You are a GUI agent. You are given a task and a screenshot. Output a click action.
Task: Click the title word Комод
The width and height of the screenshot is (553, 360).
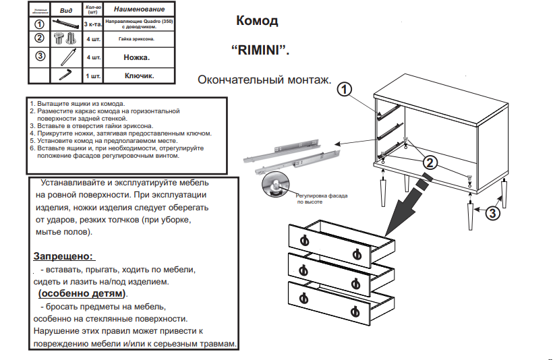pyautogui.click(x=257, y=21)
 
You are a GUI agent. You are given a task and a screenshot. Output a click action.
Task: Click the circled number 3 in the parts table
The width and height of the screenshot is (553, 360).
pyautogui.click(x=40, y=56)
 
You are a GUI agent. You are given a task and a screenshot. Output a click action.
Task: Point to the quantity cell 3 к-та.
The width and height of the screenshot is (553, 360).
pyautogui.click(x=92, y=25)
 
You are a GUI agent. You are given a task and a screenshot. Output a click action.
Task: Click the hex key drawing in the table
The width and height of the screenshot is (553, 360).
pyautogui.click(x=66, y=75)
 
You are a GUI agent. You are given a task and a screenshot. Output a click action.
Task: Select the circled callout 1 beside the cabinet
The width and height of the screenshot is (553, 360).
pyautogui.click(x=345, y=89)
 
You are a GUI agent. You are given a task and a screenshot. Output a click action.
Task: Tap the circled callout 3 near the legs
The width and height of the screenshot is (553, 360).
pyautogui.click(x=493, y=214)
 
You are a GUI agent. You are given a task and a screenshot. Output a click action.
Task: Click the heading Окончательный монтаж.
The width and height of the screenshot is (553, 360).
pyautogui.click(x=264, y=80)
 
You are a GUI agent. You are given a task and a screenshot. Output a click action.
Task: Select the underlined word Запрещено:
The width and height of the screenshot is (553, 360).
pyautogui.click(x=63, y=256)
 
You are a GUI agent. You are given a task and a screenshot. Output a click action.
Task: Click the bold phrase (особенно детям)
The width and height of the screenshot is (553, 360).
pyautogui.click(x=82, y=294)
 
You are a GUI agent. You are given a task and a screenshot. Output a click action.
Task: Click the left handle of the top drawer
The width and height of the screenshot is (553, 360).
pyautogui.click(x=303, y=239)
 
